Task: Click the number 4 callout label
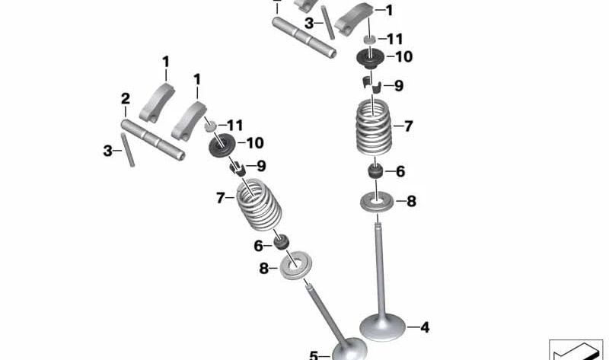[425, 327]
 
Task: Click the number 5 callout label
[314, 355]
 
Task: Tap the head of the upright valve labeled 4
[382, 327]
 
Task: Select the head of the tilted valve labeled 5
[349, 349]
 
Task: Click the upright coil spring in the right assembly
[374, 127]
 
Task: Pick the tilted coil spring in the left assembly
[259, 204]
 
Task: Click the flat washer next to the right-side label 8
[377, 202]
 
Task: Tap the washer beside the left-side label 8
[295, 266]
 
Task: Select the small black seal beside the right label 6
[375, 172]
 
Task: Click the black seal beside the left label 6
[281, 242]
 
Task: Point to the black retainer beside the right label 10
[370, 59]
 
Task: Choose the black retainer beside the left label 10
[222, 145]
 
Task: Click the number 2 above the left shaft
[125, 99]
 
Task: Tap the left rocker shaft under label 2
[153, 140]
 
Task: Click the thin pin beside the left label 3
[128, 150]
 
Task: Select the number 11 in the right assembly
[395, 39]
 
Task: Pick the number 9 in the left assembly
[261, 166]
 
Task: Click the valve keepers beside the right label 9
[371, 85]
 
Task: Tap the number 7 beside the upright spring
[408, 126]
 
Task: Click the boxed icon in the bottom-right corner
[576, 350]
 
